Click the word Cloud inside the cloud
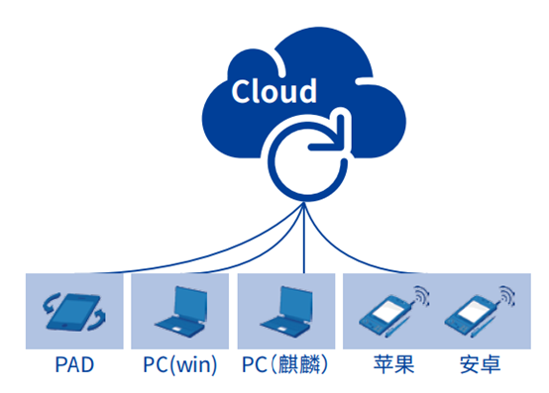[274, 91]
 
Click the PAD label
[75, 365]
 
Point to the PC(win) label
[181, 365]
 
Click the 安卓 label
[481, 365]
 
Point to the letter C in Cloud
[242, 91]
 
